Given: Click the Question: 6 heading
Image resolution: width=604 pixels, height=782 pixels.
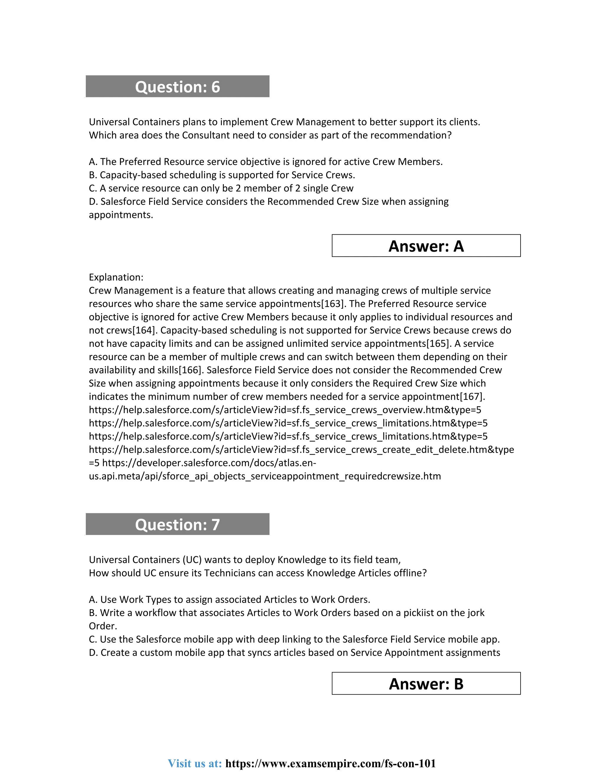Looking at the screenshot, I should coord(177,87).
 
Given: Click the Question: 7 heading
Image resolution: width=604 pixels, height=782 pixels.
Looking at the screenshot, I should coord(177,525).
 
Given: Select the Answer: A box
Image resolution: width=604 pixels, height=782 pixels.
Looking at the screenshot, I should coord(426,246).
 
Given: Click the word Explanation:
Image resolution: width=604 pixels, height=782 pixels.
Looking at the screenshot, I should coord(116,277).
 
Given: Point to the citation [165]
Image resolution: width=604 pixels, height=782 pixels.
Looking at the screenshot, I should coord(438,343).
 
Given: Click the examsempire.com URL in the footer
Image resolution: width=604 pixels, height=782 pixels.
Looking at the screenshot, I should coord(330,763).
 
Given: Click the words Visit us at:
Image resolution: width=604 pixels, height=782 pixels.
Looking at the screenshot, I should coord(195,763).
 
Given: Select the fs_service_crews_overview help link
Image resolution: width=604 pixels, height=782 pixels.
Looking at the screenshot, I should coord(285,410).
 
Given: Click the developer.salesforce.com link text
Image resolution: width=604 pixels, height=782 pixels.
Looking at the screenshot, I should coord(209,463).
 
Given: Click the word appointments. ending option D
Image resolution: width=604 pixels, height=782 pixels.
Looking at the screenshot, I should coord(121,215).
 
